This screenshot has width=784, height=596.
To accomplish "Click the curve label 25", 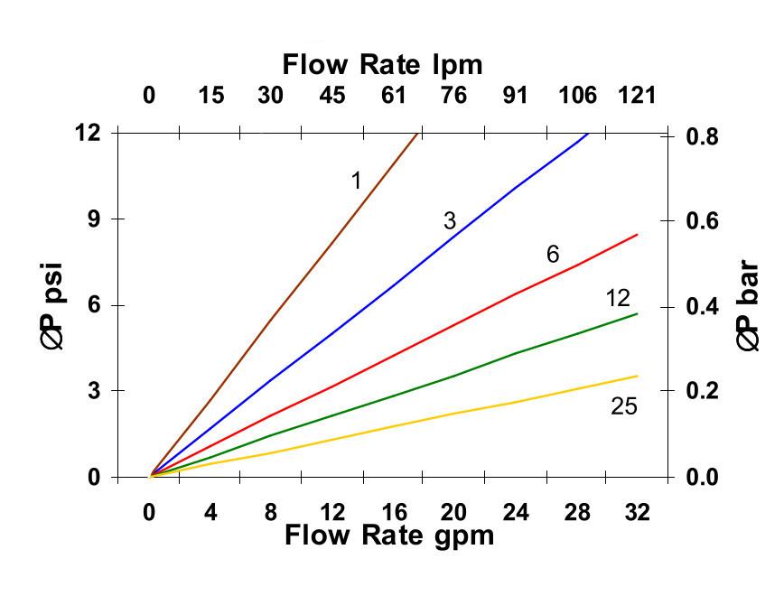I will pyautogui.click(x=623, y=407).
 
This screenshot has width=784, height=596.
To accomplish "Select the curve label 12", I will pyautogui.click(x=618, y=298).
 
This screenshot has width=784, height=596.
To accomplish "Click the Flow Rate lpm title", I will pyautogui.click(x=382, y=65).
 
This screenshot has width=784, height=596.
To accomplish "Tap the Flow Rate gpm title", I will pyautogui.click(x=389, y=535).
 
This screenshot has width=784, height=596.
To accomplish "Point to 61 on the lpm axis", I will pyautogui.click(x=394, y=96).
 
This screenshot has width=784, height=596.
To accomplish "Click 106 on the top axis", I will pyautogui.click(x=577, y=96).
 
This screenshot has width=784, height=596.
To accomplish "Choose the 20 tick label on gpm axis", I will pyautogui.click(x=453, y=513).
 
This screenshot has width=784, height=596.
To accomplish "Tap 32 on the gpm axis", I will pyautogui.click(x=637, y=513).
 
